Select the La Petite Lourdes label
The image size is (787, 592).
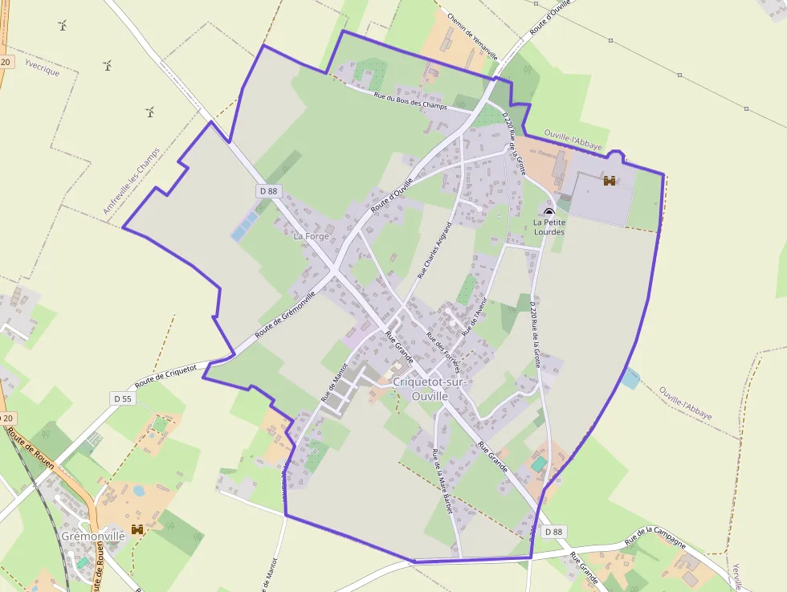[549, 227]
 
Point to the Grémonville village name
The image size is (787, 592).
[93, 536]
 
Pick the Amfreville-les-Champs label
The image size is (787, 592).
[131, 181]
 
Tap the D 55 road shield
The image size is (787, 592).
[122, 398]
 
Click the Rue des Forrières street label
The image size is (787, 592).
[442, 353]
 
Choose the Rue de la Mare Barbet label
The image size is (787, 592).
[442, 480]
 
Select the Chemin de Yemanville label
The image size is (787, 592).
[473, 36]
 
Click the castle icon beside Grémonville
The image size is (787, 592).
[137, 529]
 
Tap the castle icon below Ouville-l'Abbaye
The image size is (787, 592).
[610, 181]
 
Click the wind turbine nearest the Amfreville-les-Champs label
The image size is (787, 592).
[149, 112]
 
